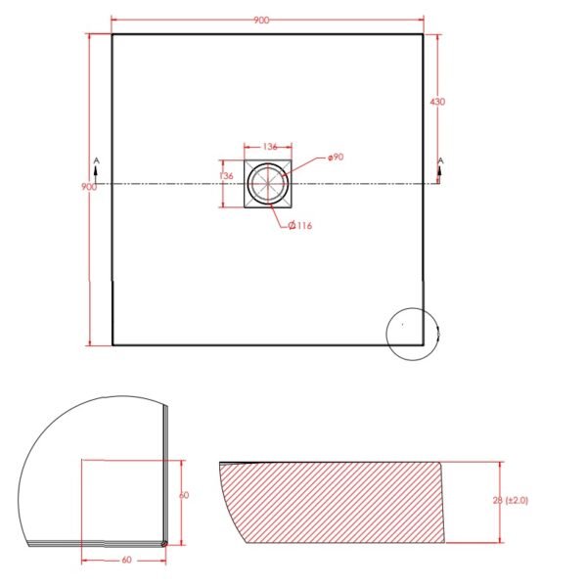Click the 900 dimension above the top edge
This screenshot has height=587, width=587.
261,21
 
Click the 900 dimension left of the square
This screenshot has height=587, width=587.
89,187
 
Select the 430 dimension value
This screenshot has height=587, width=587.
437,102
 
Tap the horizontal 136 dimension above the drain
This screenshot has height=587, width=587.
270,147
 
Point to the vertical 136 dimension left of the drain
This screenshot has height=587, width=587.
227,175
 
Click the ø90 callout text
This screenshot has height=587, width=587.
336,158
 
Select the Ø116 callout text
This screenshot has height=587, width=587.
300,225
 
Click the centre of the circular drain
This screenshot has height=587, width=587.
268,184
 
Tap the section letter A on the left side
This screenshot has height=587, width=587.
97,160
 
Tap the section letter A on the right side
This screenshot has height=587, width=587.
440,161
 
